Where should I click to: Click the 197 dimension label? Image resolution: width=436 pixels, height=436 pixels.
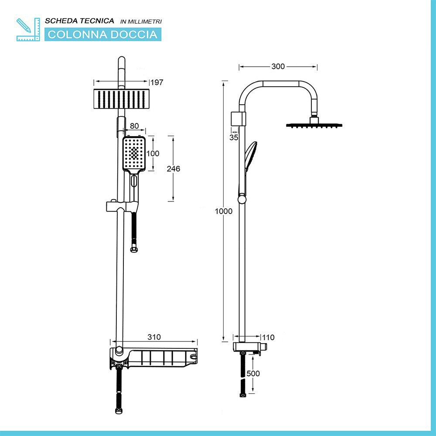coord(157,82)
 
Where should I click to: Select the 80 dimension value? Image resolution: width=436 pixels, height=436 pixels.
coord(134,126)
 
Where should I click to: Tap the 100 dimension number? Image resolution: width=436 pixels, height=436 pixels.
coord(153,153)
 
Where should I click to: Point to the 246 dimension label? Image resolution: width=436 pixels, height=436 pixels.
coord(173,168)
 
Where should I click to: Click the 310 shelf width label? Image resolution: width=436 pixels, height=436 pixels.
coord(154,337)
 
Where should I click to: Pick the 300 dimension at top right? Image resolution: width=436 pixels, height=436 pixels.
coord(278,66)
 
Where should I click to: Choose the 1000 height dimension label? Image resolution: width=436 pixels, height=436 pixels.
coord(224,211)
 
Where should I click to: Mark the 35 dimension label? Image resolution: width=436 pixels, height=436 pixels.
coord(234,137)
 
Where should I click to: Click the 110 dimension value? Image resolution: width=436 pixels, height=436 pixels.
coord(268,337)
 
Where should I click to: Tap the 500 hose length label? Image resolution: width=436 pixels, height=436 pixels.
coord(253,374)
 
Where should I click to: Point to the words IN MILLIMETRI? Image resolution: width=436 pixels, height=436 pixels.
coord(141,21)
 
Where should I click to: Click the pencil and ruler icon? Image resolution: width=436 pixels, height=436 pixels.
coord(28,30)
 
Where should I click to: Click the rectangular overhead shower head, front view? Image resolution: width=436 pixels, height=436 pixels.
coord(122,99)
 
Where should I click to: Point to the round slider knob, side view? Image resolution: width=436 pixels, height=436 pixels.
coord(242,199)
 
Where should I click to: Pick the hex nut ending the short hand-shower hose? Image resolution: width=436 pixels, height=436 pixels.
coord(134,249)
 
